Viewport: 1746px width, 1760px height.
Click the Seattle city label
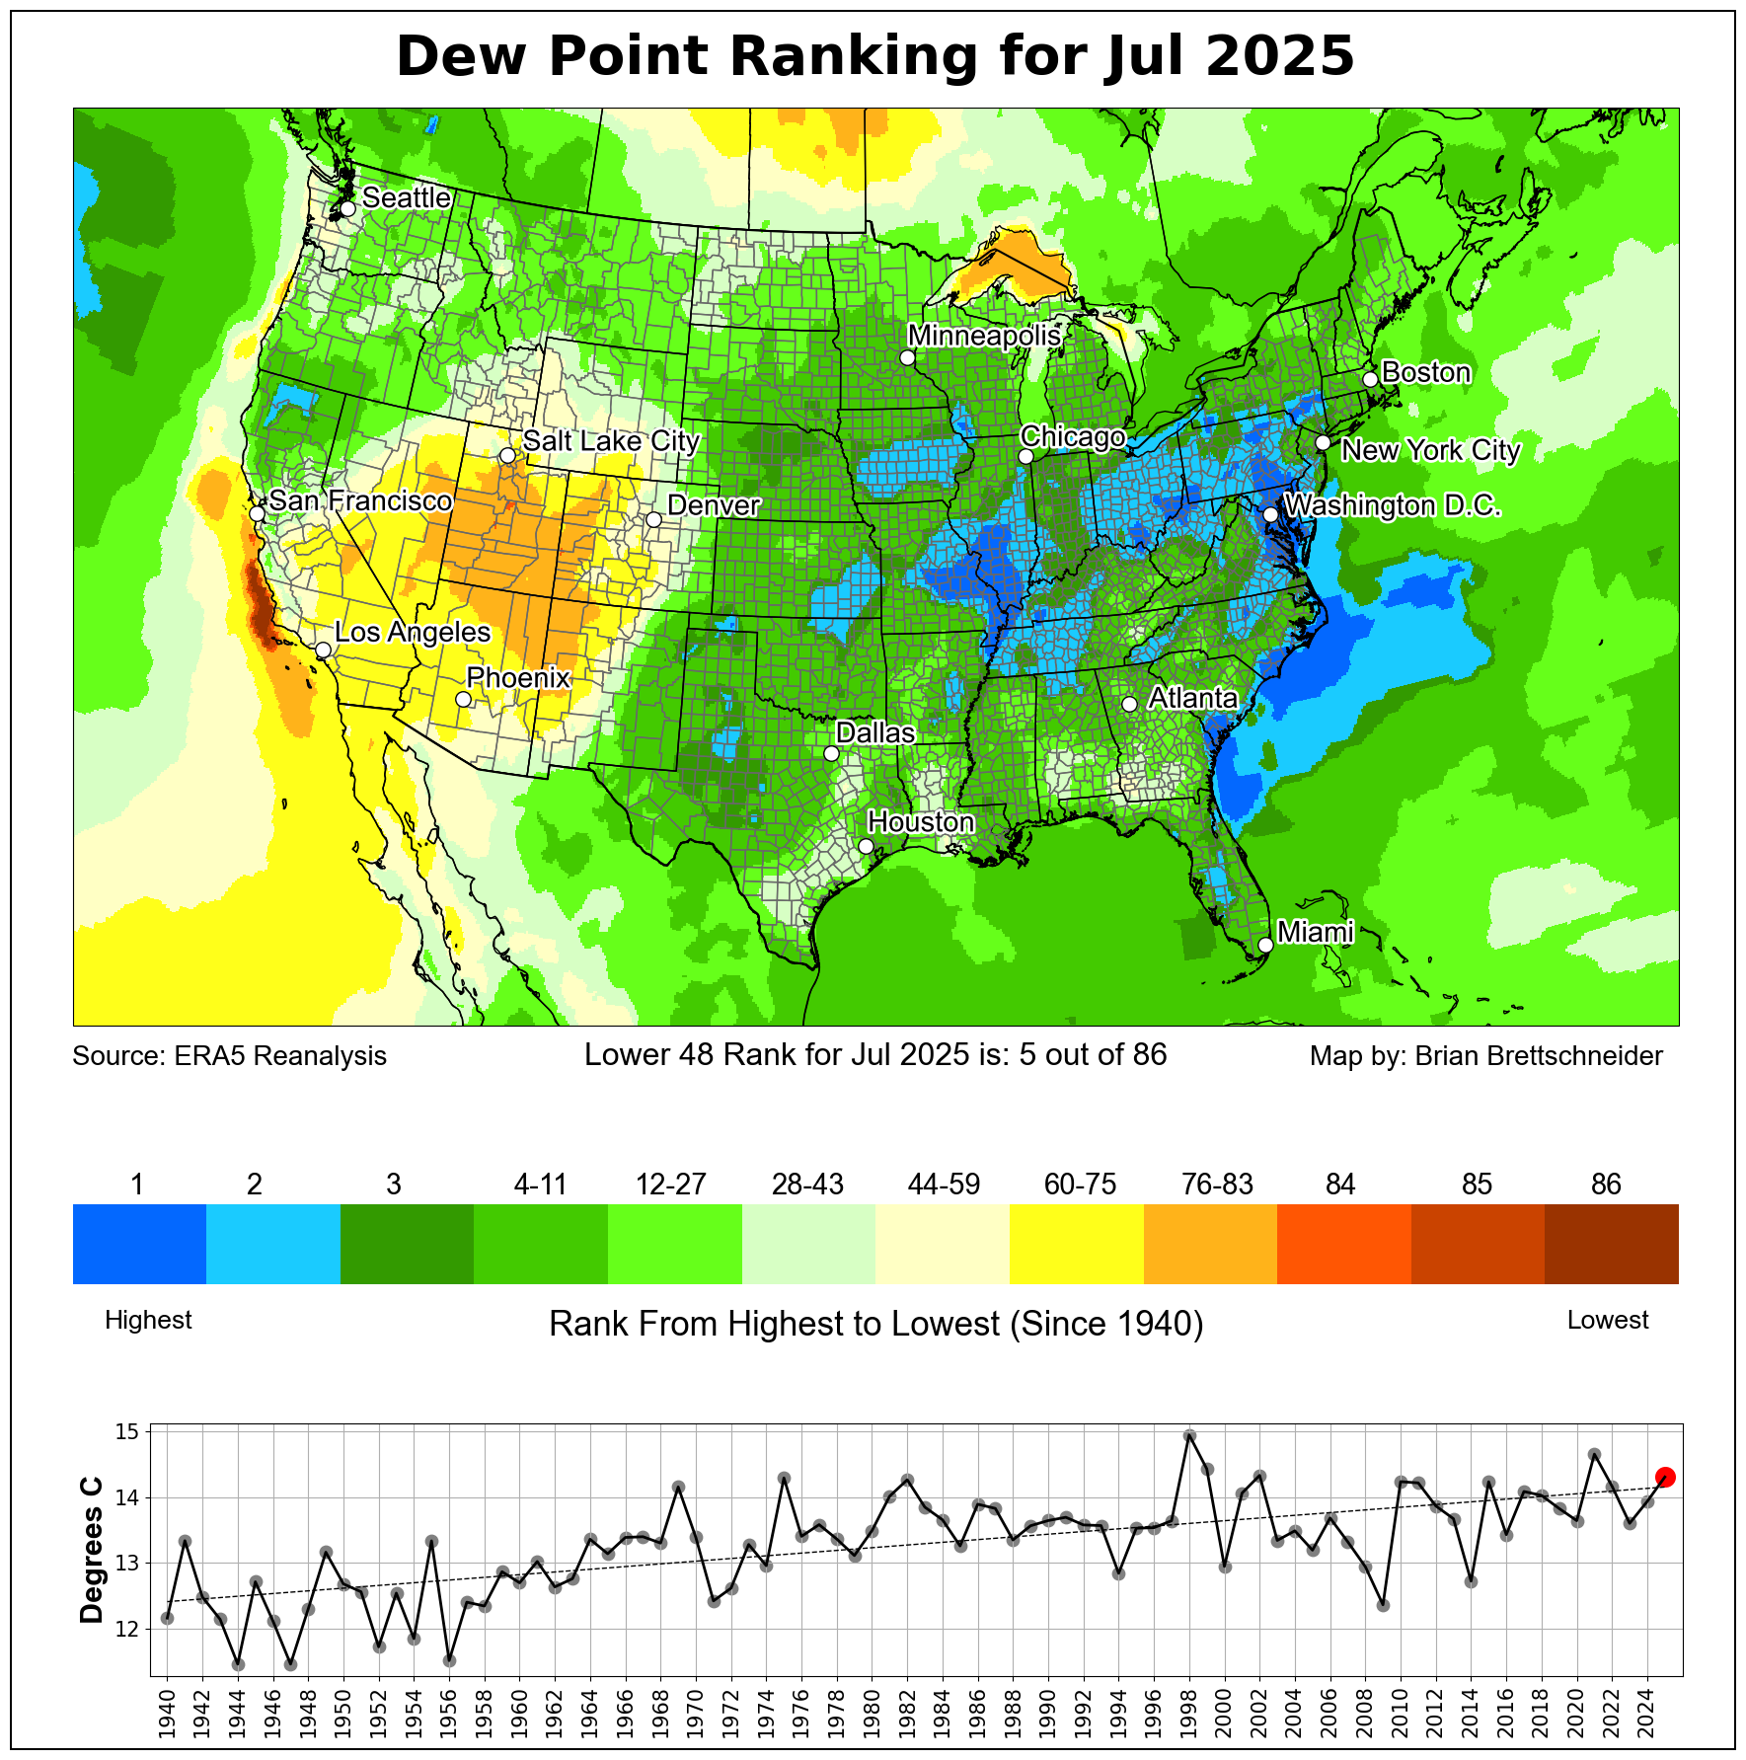point(406,197)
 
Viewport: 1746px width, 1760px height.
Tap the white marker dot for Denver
point(653,519)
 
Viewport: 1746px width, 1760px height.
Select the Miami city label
point(1315,932)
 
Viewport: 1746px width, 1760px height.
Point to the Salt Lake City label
point(611,441)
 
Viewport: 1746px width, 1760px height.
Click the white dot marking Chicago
point(1025,456)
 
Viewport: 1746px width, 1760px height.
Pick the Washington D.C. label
point(1393,505)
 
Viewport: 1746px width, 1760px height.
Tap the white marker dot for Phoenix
point(463,699)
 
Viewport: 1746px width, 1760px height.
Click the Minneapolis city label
point(984,336)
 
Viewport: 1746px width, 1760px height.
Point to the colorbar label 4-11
point(540,1185)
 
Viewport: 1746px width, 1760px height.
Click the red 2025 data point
point(1665,1477)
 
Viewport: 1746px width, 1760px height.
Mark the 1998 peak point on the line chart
point(1189,1435)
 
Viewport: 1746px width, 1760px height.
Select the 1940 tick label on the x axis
point(167,1716)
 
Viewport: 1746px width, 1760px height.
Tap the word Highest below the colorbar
point(148,1320)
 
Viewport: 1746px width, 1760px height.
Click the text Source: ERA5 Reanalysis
point(230,1056)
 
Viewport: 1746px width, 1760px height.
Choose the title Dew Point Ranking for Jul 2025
point(874,56)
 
